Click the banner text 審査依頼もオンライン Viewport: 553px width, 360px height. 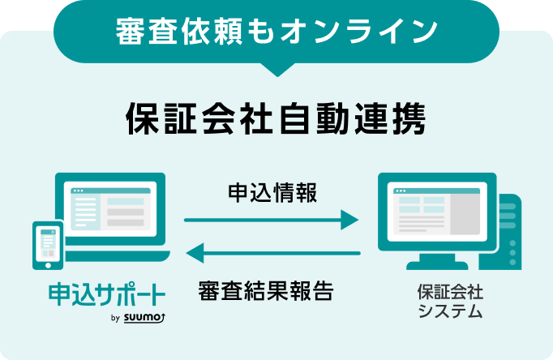click(276, 30)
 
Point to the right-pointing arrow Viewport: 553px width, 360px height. click(271, 220)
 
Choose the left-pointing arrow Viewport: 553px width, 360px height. click(272, 255)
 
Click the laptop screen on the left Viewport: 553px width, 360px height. click(109, 211)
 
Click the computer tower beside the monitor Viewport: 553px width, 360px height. click(508, 231)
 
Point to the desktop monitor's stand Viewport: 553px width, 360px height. click(438, 261)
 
